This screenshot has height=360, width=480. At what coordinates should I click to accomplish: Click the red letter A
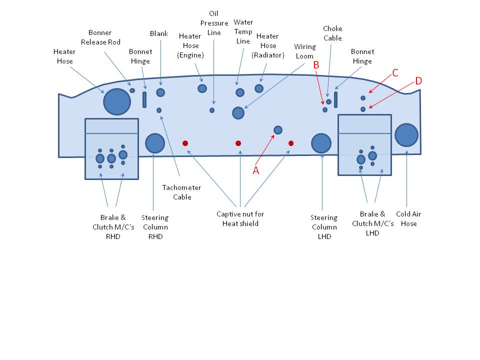[256, 170]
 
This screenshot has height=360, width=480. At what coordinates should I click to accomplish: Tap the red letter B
[316, 65]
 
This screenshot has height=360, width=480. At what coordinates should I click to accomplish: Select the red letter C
[395, 73]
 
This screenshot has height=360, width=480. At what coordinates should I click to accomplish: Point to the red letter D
[418, 81]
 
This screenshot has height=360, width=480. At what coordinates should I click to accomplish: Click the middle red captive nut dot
[238, 143]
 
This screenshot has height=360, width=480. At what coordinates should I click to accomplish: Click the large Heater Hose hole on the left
[117, 101]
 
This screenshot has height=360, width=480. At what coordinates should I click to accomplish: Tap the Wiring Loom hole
[238, 113]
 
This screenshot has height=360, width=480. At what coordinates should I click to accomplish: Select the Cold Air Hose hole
[406, 135]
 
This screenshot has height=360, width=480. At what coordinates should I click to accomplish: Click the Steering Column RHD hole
[155, 143]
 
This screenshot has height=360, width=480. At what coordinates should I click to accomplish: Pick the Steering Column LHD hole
[321, 143]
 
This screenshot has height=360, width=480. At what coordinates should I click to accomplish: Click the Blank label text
[159, 33]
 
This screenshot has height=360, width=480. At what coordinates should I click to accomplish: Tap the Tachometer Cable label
[181, 192]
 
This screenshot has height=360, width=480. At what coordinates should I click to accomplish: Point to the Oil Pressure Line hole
[212, 110]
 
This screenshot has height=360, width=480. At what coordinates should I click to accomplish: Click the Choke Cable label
[333, 33]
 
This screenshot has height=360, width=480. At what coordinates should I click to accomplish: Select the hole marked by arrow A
[278, 130]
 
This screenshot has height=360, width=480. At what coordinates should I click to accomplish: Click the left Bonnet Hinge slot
[144, 99]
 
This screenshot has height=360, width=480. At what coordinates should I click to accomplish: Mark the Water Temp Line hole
[240, 92]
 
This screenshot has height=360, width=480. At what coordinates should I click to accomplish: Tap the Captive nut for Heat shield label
[240, 218]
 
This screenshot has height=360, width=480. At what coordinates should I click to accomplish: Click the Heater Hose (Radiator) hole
[259, 88]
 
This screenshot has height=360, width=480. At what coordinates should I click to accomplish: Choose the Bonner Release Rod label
[100, 37]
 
